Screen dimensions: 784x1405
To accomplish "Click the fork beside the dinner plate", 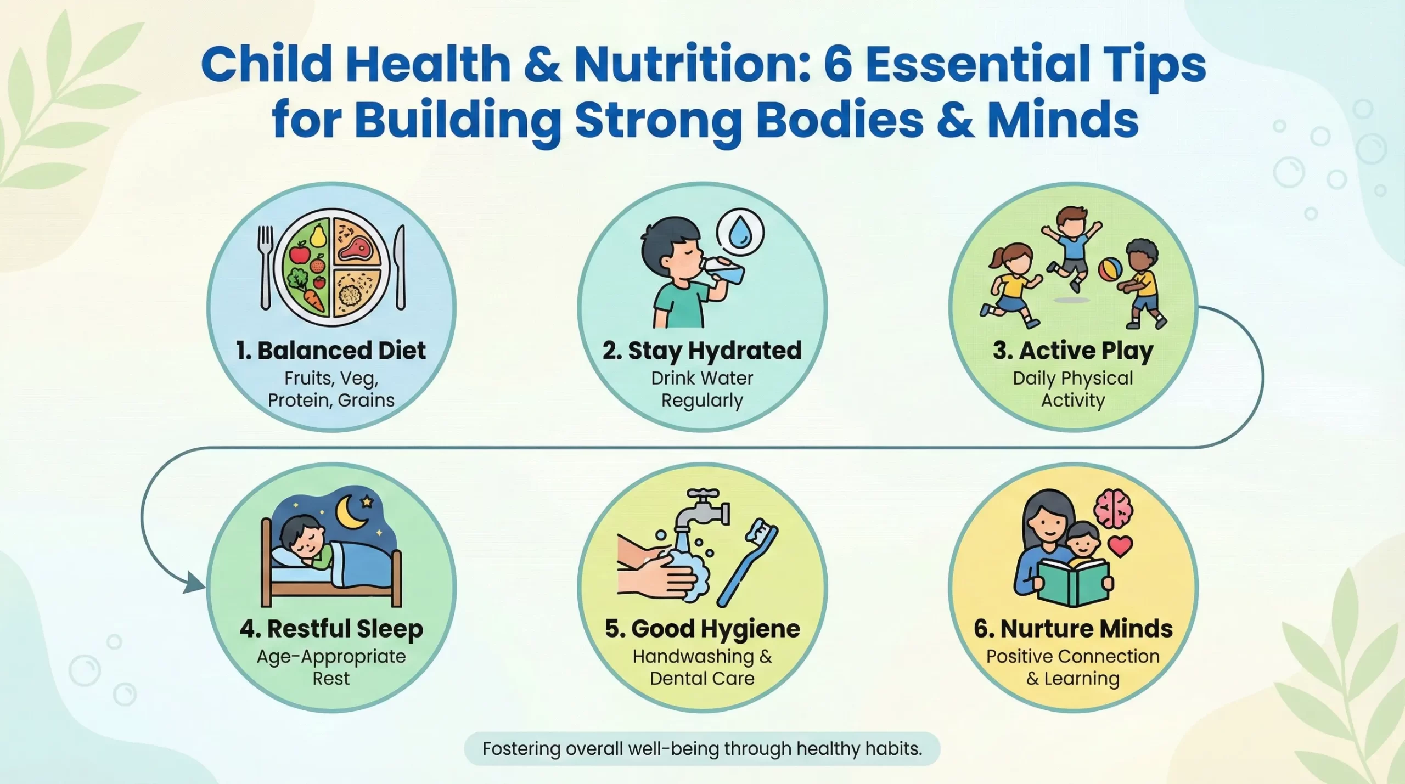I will pyautogui.click(x=266, y=266).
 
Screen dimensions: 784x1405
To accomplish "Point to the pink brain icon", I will pyautogui.click(x=1113, y=507).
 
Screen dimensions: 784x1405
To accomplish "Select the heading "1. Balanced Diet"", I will pyautogui.click(x=331, y=351).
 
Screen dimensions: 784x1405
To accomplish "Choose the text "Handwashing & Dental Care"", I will pyautogui.click(x=702, y=667).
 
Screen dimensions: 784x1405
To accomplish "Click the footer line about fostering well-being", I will pyautogui.click(x=702, y=749).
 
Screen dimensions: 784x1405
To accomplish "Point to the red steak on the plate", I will pyautogui.click(x=356, y=246).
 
